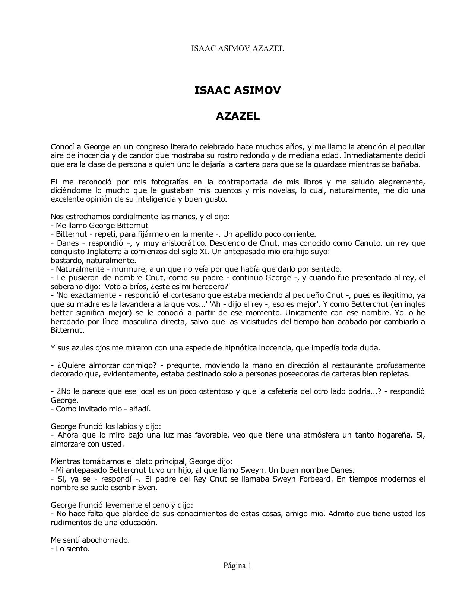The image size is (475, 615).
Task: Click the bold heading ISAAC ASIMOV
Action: (237, 91)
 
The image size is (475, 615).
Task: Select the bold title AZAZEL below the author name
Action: (237, 116)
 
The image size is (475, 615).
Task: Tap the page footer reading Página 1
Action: (237, 565)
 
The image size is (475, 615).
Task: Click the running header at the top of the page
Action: (237, 48)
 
